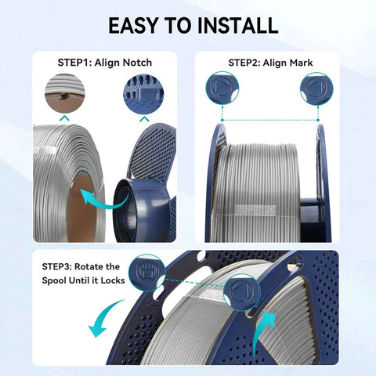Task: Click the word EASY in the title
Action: [134, 25]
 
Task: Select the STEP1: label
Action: [78, 62]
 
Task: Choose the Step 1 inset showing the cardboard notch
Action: [65, 92]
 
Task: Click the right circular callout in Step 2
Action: [316, 89]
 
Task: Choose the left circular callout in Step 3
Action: [146, 272]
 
